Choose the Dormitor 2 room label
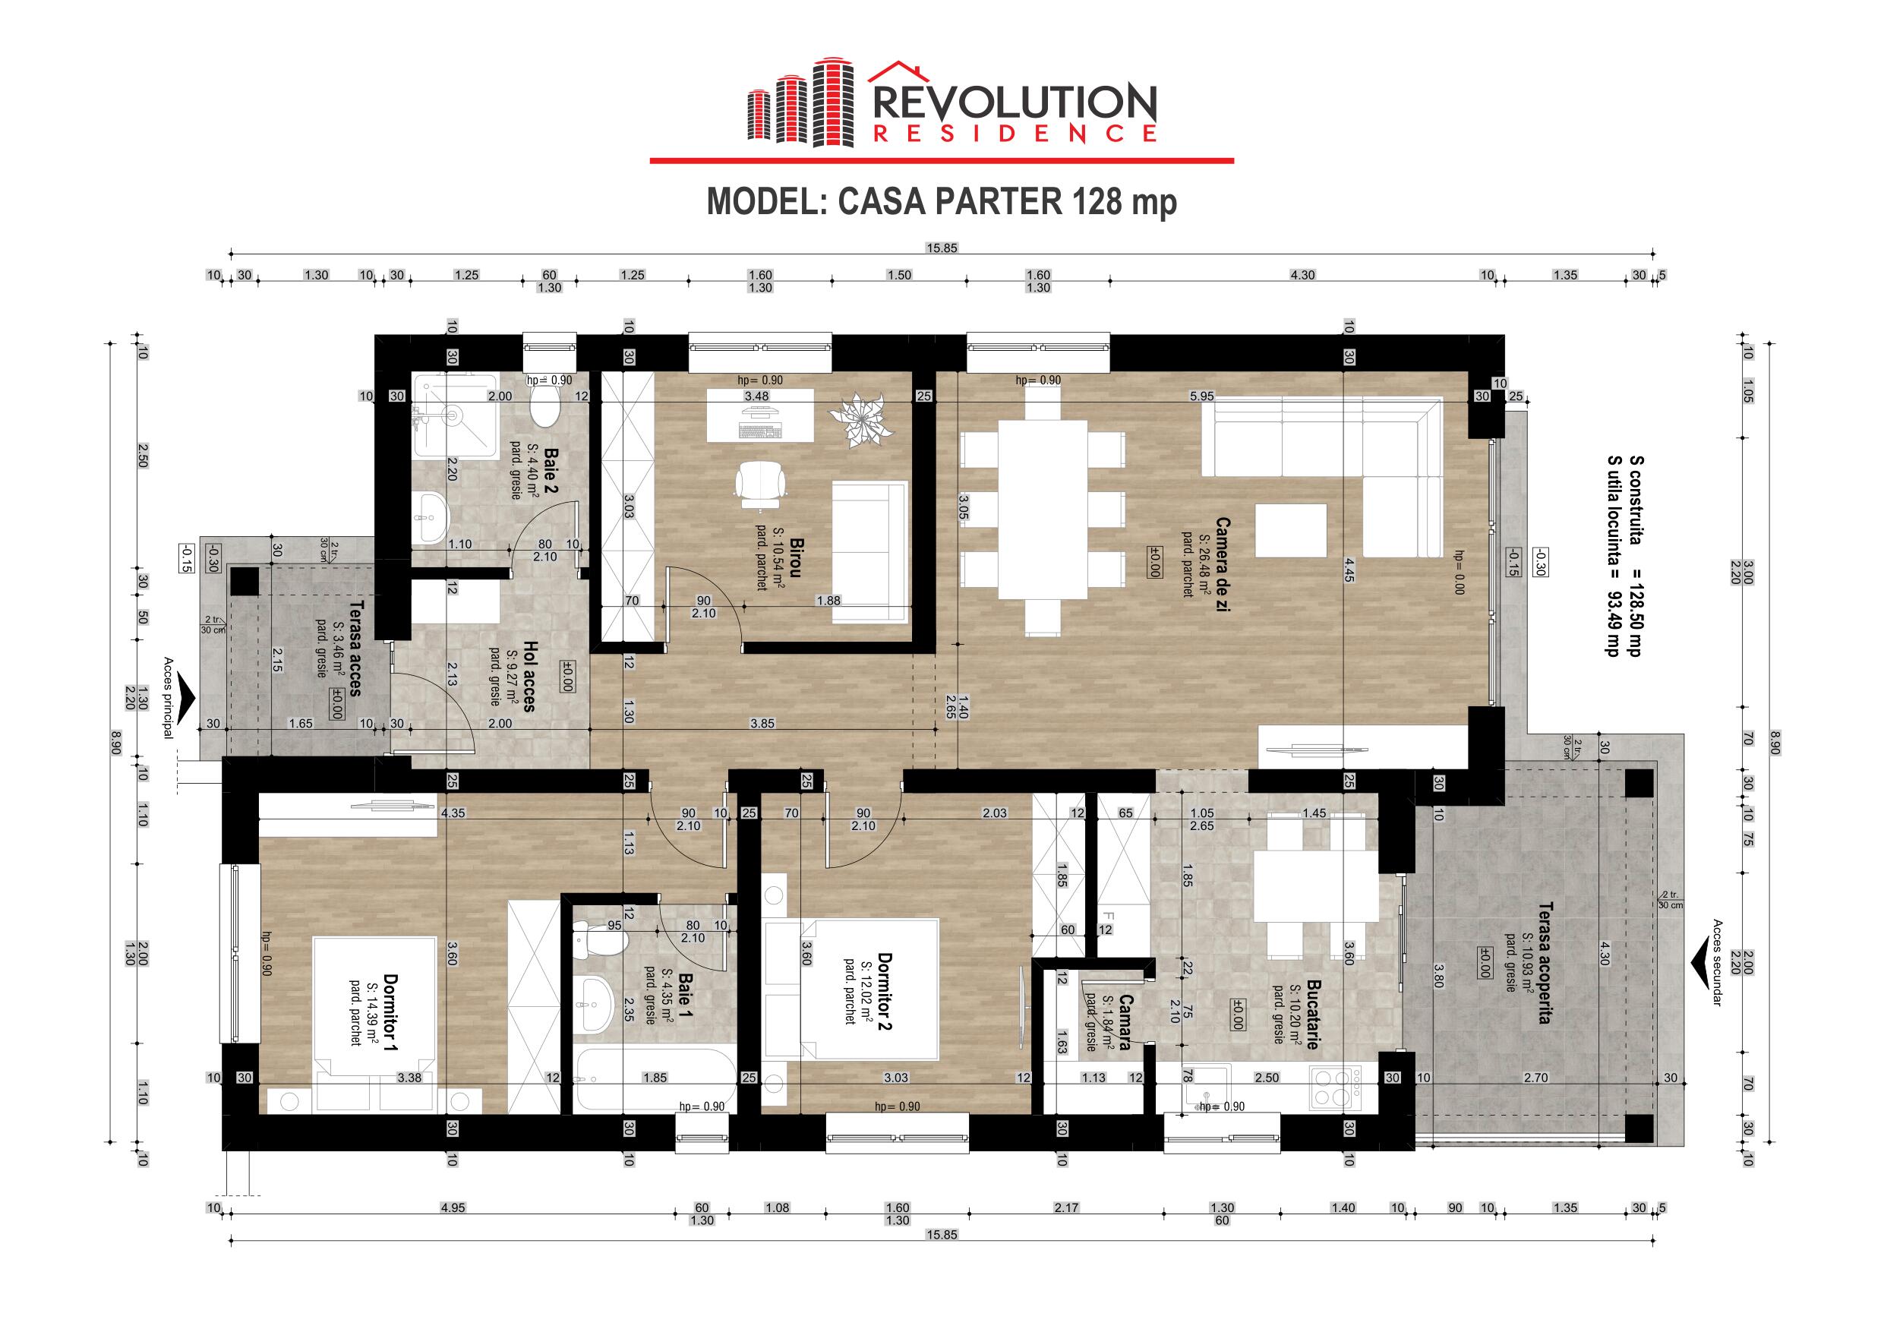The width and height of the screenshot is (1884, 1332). pyautogui.click(x=885, y=992)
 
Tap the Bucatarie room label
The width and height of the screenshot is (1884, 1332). pyautogui.click(x=1312, y=1015)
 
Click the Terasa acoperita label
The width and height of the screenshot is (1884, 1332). pyautogui.click(x=1545, y=963)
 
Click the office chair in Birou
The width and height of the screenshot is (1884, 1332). pyautogui.click(x=760, y=481)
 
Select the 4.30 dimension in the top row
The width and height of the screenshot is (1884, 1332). pyautogui.click(x=1302, y=276)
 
